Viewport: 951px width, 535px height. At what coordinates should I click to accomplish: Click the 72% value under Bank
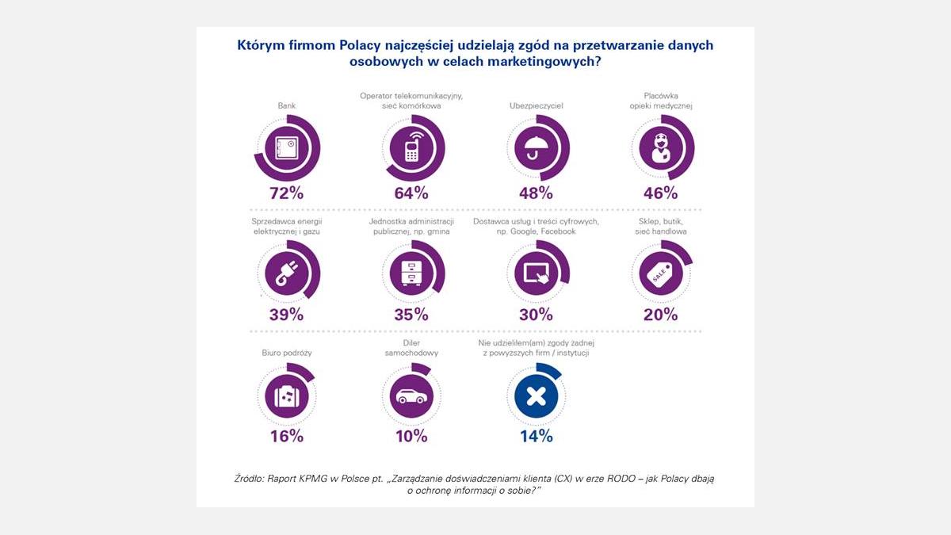(286, 193)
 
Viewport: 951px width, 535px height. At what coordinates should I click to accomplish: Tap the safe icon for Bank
(286, 148)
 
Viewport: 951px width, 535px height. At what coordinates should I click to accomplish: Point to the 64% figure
(411, 193)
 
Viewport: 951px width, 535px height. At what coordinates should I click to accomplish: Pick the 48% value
(537, 193)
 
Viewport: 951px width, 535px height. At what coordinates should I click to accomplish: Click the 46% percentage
(661, 193)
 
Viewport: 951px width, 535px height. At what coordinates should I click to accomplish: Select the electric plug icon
(286, 273)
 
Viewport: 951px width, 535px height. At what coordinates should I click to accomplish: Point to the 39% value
(286, 314)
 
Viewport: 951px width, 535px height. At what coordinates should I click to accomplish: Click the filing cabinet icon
(412, 273)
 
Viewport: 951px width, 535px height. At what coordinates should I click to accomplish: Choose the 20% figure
(661, 314)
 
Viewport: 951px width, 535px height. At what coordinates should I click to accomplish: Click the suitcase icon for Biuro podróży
(286, 395)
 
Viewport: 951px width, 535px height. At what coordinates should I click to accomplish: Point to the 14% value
(537, 436)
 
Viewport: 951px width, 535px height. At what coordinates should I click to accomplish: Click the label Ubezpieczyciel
(537, 105)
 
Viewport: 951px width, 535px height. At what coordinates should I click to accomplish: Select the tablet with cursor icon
(537, 273)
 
